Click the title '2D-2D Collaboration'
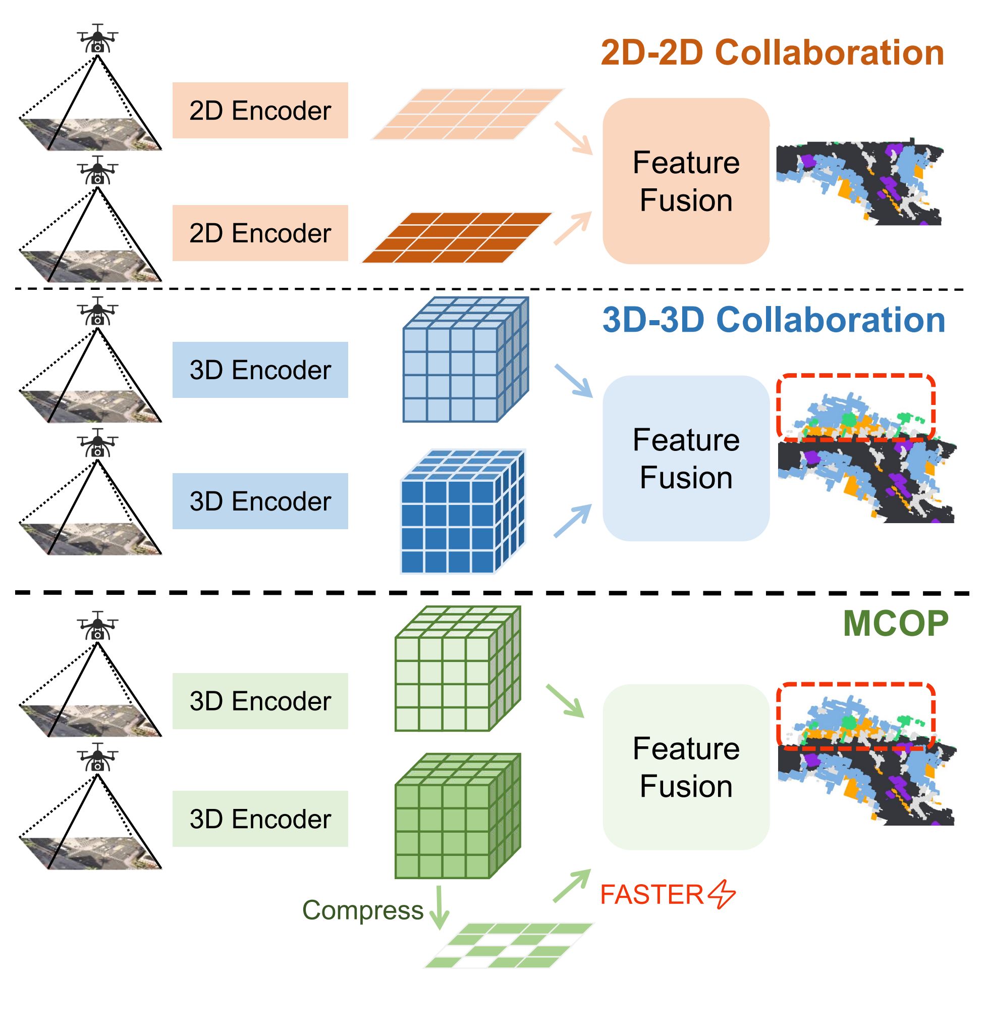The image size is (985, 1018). [772, 53]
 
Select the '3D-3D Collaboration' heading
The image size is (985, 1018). [773, 320]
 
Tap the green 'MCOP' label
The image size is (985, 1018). [895, 623]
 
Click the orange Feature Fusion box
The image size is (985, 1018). [686, 181]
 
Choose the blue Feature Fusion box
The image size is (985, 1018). [686, 458]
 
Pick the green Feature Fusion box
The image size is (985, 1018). [686, 767]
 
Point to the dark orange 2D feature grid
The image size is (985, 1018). [457, 237]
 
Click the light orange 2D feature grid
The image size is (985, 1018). [467, 114]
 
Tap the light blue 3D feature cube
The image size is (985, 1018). [464, 360]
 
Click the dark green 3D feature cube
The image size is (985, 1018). [457, 817]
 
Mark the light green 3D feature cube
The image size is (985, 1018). [457, 669]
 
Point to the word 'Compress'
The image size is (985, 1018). [363, 910]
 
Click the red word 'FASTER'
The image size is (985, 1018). [651, 894]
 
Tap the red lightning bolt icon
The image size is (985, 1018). [722, 894]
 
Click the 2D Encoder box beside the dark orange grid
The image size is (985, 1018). [260, 233]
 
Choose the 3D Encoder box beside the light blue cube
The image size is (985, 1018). [260, 370]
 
